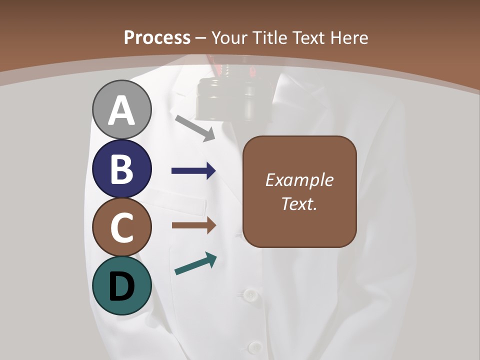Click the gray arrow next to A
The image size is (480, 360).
click(195, 128)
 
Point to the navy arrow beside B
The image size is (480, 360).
click(193, 171)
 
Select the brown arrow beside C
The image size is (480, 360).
click(194, 225)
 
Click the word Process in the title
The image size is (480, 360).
click(157, 37)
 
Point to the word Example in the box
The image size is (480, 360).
click(299, 180)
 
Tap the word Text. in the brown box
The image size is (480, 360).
click(299, 203)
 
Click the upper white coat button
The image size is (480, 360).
click(248, 294)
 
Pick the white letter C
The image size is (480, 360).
click(122, 228)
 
